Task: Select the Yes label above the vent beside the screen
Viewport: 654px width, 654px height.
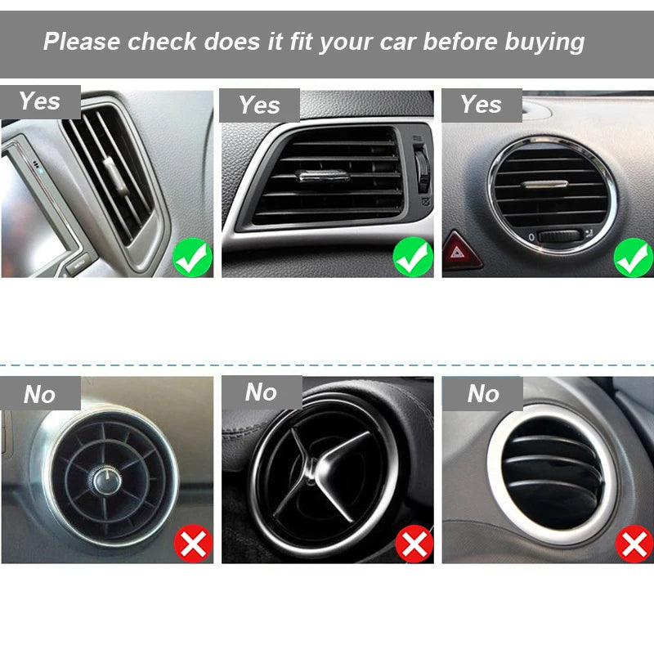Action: pos(39,101)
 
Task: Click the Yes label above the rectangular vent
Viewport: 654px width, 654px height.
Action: pos(259,105)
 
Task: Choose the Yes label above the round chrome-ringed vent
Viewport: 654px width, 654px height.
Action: pos(481,105)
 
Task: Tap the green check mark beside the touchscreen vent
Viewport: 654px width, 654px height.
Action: pos(193,258)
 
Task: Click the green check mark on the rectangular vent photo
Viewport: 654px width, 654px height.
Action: pos(414,258)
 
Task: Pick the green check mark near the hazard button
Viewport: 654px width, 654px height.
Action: pos(634,258)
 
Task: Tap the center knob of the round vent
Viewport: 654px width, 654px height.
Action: pos(104,481)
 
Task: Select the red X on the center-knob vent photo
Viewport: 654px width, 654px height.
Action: pos(193,544)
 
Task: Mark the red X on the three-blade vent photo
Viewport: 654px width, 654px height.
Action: pos(414,544)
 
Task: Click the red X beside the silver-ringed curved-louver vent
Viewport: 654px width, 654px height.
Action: pos(634,544)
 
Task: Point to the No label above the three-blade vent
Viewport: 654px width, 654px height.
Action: pos(261,392)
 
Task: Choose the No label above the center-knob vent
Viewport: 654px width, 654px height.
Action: pos(39,394)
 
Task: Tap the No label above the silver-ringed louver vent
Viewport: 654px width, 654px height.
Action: pos(483,394)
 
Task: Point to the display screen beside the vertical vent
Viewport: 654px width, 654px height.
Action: pos(33,204)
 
